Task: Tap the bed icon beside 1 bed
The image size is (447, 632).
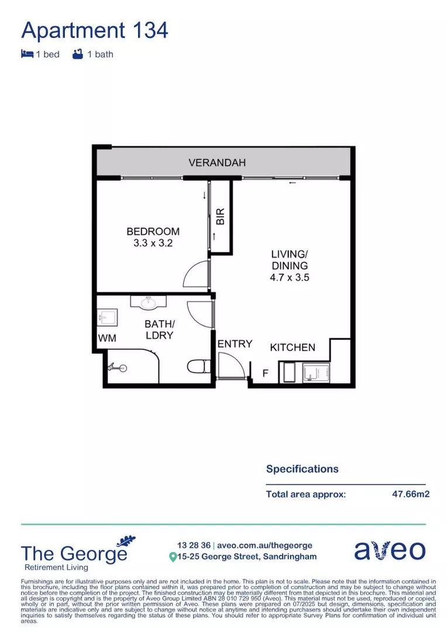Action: pyautogui.click(x=27, y=54)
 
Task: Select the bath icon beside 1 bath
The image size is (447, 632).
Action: pyautogui.click(x=77, y=54)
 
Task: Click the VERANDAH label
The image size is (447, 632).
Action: pyautogui.click(x=217, y=163)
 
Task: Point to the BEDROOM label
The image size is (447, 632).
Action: pyautogui.click(x=153, y=232)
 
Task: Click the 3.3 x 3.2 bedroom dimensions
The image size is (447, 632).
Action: pyautogui.click(x=153, y=243)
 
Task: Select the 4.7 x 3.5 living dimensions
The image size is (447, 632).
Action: pyautogui.click(x=289, y=277)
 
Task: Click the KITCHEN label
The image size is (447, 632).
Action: pyautogui.click(x=293, y=348)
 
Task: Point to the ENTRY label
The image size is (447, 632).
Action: pyautogui.click(x=235, y=344)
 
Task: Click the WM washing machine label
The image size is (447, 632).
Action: pyautogui.click(x=106, y=338)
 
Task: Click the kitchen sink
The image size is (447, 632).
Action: pyautogui.click(x=316, y=373)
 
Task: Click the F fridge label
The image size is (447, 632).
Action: pyautogui.click(x=265, y=373)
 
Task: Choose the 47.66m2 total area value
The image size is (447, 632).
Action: pyautogui.click(x=411, y=494)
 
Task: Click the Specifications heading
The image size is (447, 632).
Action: pyautogui.click(x=302, y=469)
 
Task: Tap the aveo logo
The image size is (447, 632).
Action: pyautogui.click(x=389, y=551)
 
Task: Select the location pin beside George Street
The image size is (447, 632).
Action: pyautogui.click(x=173, y=557)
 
